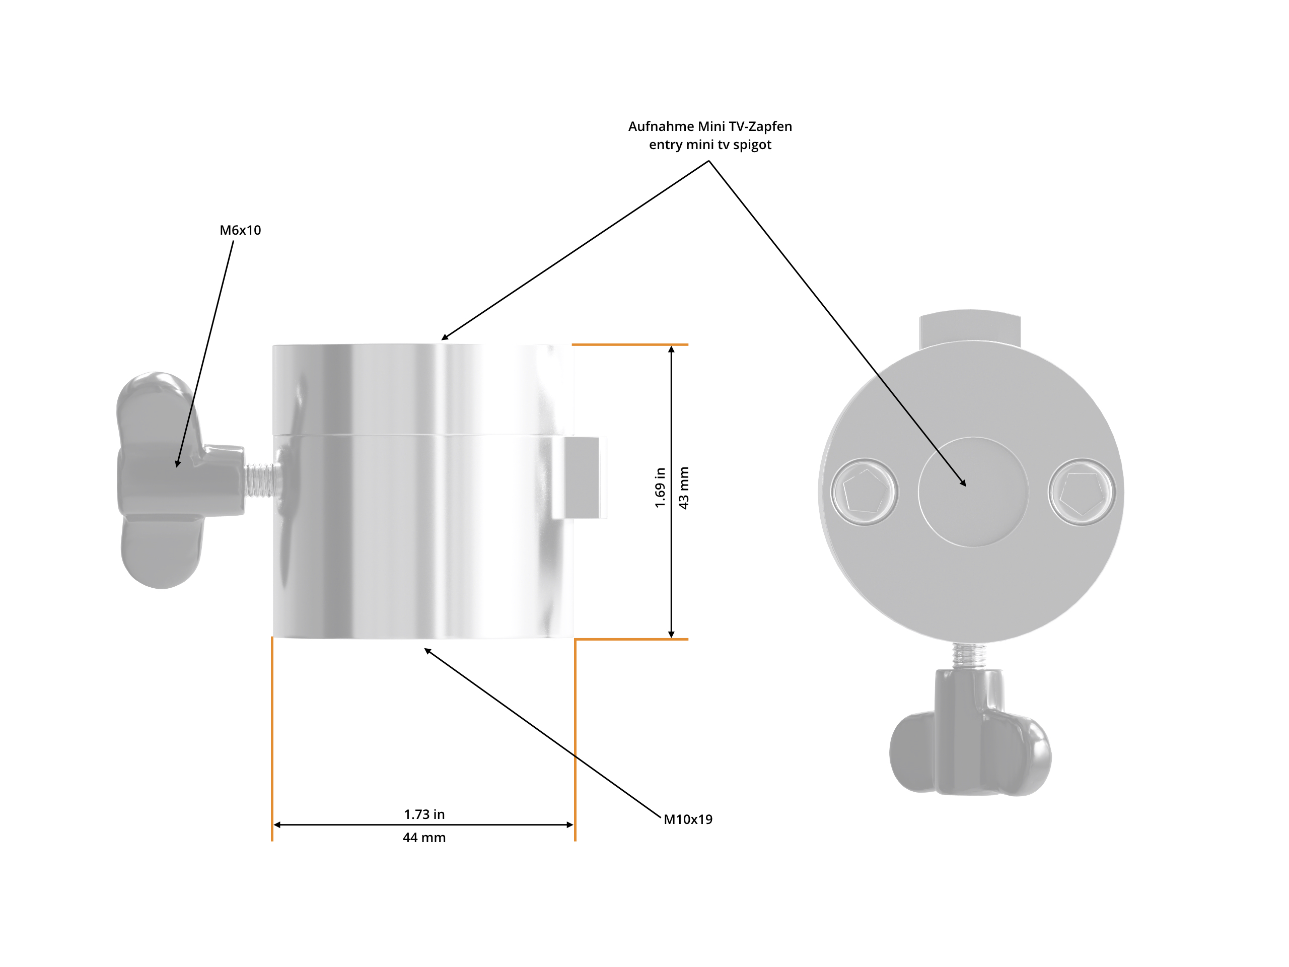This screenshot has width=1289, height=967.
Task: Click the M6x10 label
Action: [x=240, y=230]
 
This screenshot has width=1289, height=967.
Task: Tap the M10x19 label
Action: [x=688, y=819]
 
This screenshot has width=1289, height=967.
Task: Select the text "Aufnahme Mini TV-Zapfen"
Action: [x=710, y=126]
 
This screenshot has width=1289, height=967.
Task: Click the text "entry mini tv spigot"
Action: [x=710, y=145]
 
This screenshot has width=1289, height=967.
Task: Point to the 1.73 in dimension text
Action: [x=424, y=814]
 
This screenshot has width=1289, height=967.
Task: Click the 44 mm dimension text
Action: [x=424, y=838]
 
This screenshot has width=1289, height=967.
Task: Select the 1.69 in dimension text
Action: [x=660, y=488]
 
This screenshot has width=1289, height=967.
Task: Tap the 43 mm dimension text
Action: [x=684, y=488]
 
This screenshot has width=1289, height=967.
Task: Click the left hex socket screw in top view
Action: [x=864, y=492]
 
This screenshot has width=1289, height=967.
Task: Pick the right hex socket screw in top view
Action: [x=1082, y=492]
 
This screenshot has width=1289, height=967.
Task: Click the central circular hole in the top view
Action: [x=973, y=492]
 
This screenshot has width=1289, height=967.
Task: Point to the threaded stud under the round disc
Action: [x=969, y=655]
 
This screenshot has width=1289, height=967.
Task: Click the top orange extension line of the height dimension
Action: [x=629, y=344]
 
